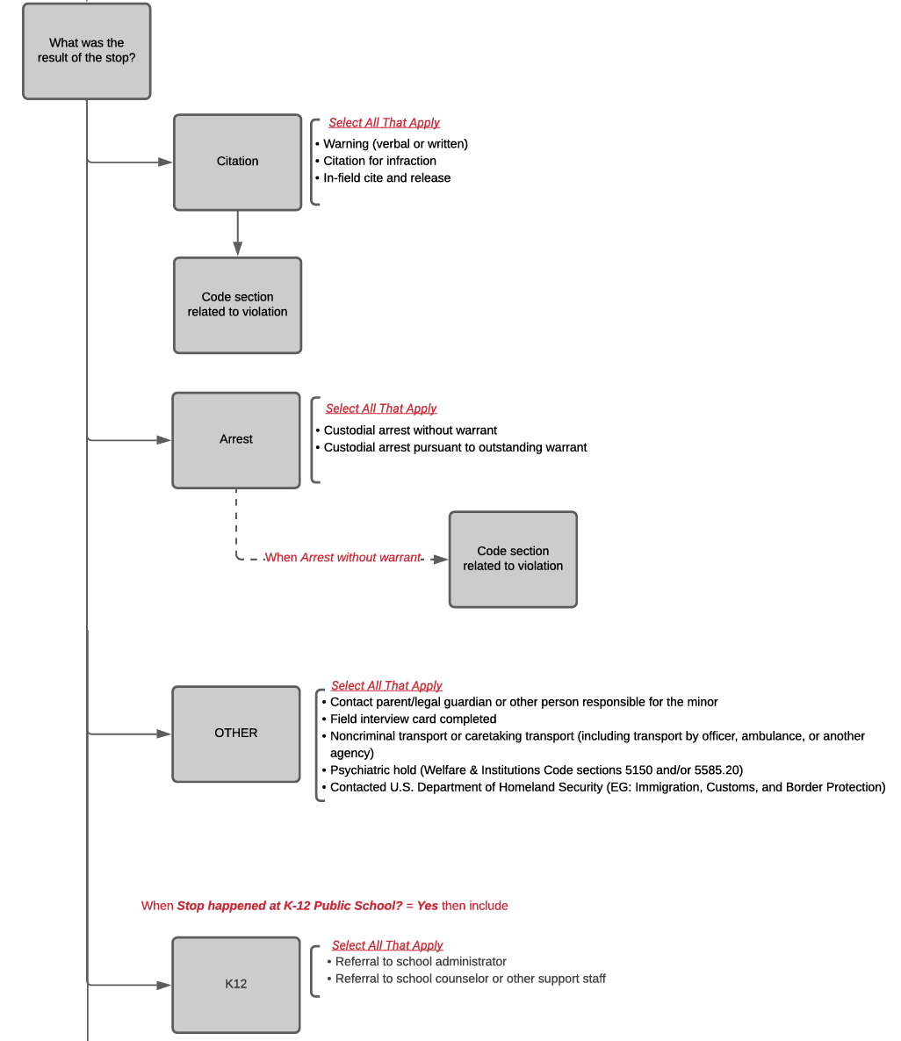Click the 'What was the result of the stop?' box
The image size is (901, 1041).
click(x=86, y=51)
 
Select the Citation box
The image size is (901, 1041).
click(x=237, y=162)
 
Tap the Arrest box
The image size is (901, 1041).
click(x=235, y=439)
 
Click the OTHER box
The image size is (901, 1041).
click(x=235, y=734)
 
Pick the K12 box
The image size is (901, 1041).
click(x=235, y=985)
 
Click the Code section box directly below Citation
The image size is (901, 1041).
click(x=237, y=305)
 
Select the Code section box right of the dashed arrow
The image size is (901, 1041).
click(x=513, y=559)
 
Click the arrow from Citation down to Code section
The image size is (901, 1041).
click(x=237, y=234)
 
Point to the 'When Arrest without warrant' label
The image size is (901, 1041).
click(x=342, y=558)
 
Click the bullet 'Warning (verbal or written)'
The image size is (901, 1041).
click(x=395, y=144)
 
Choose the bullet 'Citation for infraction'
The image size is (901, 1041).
click(x=379, y=161)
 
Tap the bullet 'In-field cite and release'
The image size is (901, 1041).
click(x=386, y=177)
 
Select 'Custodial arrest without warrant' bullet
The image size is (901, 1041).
click(x=410, y=430)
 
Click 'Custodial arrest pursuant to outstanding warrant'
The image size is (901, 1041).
click(x=455, y=447)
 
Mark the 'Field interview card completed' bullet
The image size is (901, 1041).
click(x=413, y=719)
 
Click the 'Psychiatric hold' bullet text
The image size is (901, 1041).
click(x=536, y=770)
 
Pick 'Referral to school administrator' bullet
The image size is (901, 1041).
click(x=421, y=962)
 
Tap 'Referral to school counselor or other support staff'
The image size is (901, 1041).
click(x=470, y=979)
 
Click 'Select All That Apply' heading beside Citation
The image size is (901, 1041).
click(x=384, y=123)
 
